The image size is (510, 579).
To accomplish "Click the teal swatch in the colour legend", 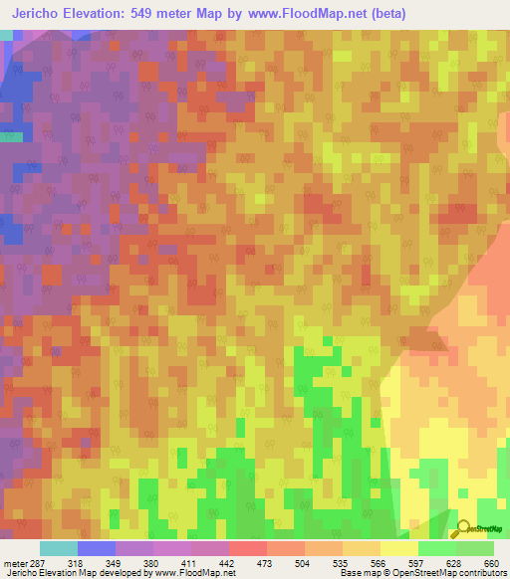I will [59, 549].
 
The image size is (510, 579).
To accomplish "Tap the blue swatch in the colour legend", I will [97, 549].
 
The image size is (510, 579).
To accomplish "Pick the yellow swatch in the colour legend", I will [399, 549].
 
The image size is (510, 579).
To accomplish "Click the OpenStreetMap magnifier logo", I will [464, 527].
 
